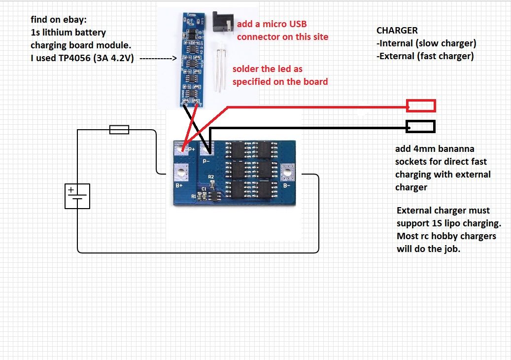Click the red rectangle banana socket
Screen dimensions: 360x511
(421, 106)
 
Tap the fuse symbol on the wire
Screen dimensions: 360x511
(119, 130)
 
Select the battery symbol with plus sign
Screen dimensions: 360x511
(77, 196)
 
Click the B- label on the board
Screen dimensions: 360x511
(286, 185)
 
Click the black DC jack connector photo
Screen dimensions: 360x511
(221, 23)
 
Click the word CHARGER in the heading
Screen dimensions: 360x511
(397, 31)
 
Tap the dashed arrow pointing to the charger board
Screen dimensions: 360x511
(158, 59)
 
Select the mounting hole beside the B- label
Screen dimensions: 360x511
(286, 173)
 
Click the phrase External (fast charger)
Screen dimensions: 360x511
(427, 56)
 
